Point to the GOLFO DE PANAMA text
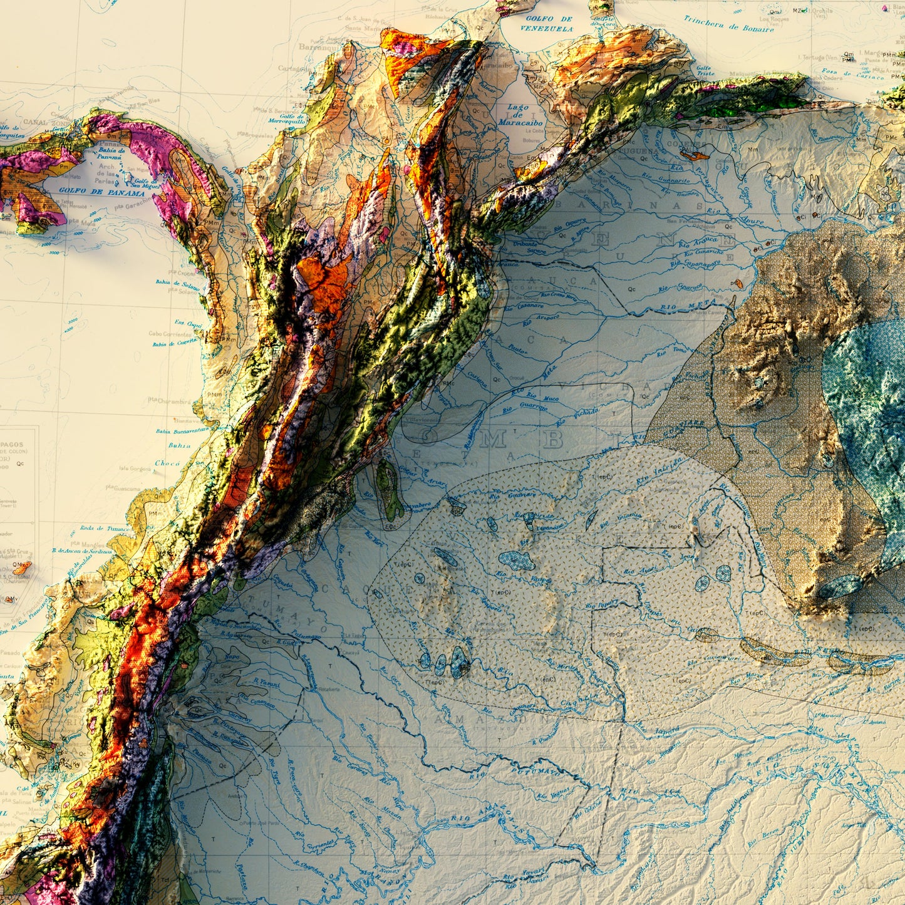point(102,191)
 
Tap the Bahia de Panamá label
point(113,153)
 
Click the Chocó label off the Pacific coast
point(167,463)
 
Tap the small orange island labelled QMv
point(21,567)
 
